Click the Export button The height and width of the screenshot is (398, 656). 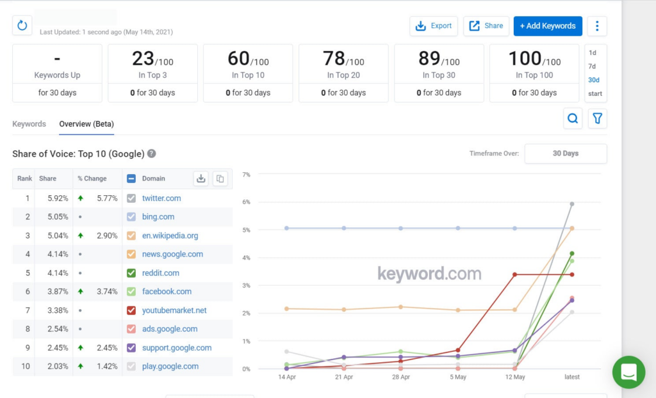(x=434, y=26)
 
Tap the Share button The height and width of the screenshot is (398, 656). (x=486, y=26)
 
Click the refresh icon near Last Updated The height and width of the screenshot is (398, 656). (x=22, y=26)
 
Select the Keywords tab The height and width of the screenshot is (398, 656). (x=29, y=123)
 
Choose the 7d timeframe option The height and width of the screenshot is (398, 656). (x=593, y=67)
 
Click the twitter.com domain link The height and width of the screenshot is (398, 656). (x=161, y=198)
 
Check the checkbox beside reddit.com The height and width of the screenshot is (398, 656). (x=131, y=273)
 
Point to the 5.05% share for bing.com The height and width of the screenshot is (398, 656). (x=58, y=217)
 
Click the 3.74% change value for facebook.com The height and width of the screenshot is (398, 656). (x=106, y=292)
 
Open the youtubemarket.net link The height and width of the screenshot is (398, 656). (x=174, y=310)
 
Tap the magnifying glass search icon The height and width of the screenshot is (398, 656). (x=573, y=118)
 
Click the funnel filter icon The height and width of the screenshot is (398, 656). (x=598, y=118)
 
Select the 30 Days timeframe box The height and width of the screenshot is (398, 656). (x=565, y=154)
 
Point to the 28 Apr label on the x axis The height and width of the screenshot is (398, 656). (x=401, y=377)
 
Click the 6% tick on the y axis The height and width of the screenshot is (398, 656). (x=245, y=202)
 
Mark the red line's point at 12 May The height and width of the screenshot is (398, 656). (x=515, y=275)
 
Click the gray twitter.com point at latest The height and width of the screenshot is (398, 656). (x=571, y=204)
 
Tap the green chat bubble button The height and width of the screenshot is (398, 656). (x=628, y=372)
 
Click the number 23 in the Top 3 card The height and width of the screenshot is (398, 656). (x=143, y=59)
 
